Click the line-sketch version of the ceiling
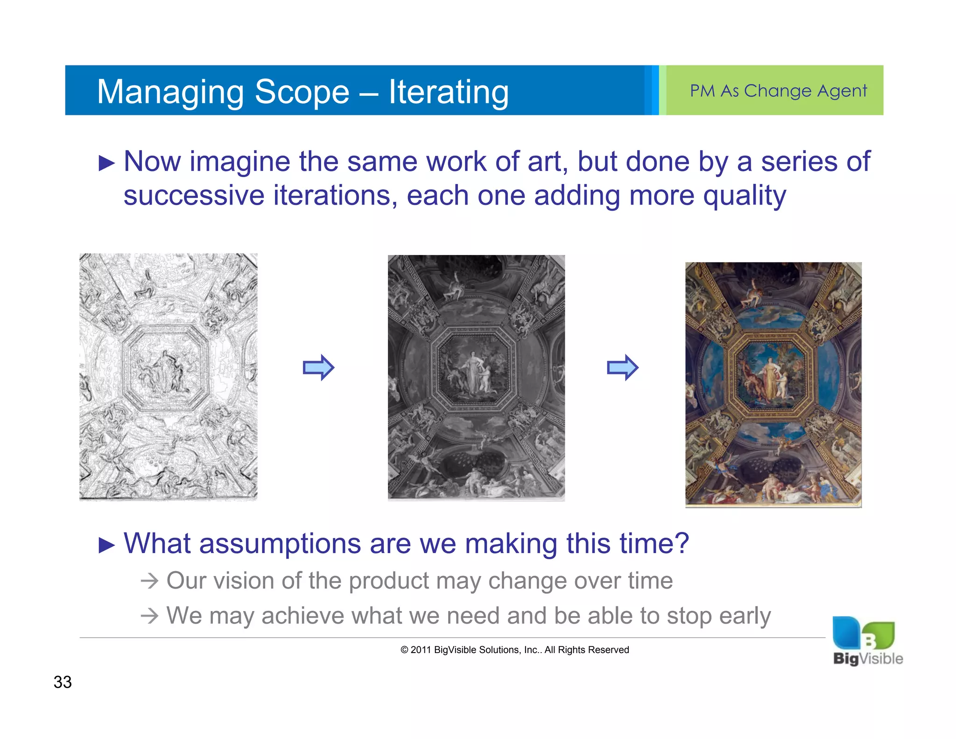coord(168,377)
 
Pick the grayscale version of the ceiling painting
coord(476,377)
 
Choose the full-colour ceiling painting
coord(773,384)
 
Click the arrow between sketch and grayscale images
coord(318,368)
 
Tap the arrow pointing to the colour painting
coord(622,368)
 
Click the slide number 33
coord(63,682)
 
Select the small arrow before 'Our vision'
coord(149,581)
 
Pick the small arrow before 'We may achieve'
coord(149,616)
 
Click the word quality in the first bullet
coord(744,196)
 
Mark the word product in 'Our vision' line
coord(388,581)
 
